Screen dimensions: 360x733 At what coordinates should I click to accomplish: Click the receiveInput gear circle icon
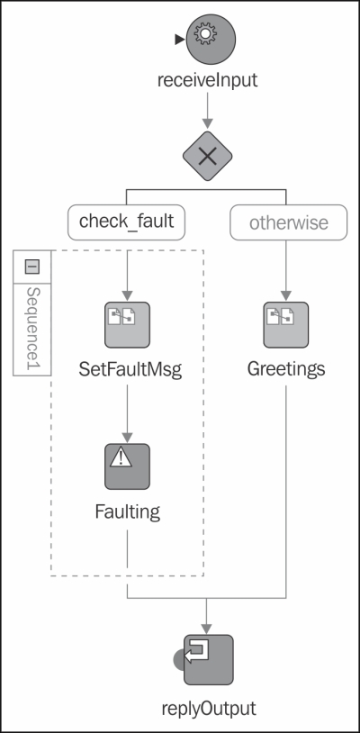coord(211,40)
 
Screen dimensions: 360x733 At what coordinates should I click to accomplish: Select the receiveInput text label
coord(207,80)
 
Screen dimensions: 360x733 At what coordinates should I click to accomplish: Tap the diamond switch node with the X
coord(207,157)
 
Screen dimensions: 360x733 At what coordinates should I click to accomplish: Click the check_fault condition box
coord(127,222)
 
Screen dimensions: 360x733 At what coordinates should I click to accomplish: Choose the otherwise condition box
coord(289,222)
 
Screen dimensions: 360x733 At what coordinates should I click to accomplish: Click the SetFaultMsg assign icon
coord(127,325)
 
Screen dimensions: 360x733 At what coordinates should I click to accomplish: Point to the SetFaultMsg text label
coord(130,370)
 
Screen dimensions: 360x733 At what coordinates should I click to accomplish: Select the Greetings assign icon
coord(286,325)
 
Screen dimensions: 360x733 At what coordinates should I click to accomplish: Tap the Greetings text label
coord(286,370)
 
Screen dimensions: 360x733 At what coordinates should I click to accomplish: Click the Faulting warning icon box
coord(127,466)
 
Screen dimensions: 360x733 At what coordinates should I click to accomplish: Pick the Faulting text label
coord(128,512)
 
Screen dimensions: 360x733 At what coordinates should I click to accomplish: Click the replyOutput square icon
coord(208,659)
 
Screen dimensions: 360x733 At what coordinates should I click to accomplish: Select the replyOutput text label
coord(209,708)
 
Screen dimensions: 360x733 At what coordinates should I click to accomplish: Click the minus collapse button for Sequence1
coord(31,267)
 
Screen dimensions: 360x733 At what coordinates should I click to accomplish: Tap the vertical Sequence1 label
coord(32,330)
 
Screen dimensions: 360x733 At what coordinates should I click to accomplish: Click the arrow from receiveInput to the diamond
coord(207,111)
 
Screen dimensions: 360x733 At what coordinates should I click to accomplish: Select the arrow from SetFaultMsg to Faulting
coord(127,412)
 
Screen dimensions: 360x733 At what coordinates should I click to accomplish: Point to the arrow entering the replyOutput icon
coord(206,616)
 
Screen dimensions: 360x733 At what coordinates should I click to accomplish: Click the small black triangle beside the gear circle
coord(180,40)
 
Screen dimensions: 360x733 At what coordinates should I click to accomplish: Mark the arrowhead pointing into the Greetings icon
coord(286,296)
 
